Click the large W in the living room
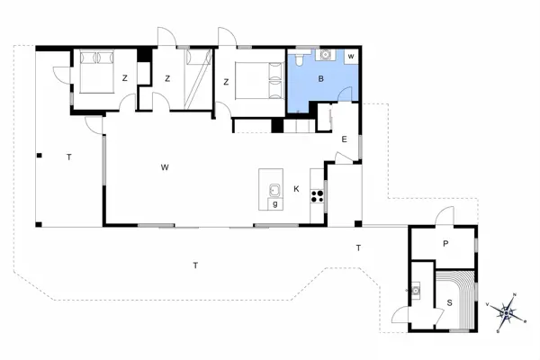point(166,167)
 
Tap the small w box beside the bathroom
point(351,57)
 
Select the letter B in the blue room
point(319,79)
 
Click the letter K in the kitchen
point(295,188)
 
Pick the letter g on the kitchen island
point(274,203)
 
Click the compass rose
point(509,311)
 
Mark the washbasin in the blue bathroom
point(326,55)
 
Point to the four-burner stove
point(317,195)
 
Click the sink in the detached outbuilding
point(417,290)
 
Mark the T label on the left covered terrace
point(68,157)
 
